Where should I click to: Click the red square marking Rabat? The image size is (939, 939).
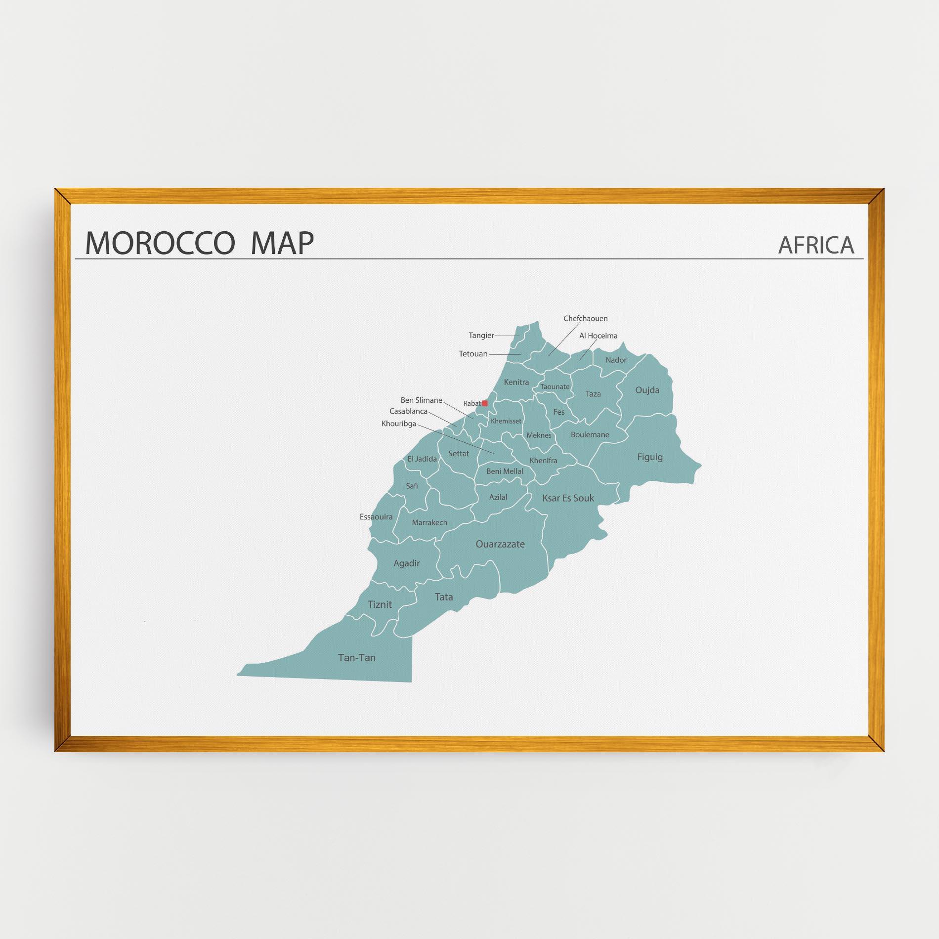point(485,403)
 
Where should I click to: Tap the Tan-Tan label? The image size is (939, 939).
point(356,658)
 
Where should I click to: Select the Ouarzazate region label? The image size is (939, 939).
point(500,544)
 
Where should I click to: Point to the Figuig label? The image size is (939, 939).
point(649,457)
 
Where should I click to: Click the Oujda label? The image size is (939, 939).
point(647,390)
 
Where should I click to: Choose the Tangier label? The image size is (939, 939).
point(481,336)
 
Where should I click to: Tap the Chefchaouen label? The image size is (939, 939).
point(585,319)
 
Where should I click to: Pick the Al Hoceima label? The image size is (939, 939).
point(598,336)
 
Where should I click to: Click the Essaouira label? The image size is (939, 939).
point(376,517)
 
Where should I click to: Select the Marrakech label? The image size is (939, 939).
point(429,522)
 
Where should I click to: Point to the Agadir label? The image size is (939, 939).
point(406,563)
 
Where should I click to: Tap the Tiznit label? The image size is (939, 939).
point(380,604)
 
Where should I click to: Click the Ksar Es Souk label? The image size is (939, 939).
point(568,498)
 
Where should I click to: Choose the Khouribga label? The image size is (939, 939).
point(398,424)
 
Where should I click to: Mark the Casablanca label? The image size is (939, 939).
point(408,411)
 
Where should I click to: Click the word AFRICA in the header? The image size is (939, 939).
point(816,245)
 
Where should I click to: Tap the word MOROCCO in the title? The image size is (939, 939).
point(159,243)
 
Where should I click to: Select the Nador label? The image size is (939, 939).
point(616,360)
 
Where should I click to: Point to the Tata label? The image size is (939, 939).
point(443,597)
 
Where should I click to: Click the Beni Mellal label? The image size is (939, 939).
point(505,471)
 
